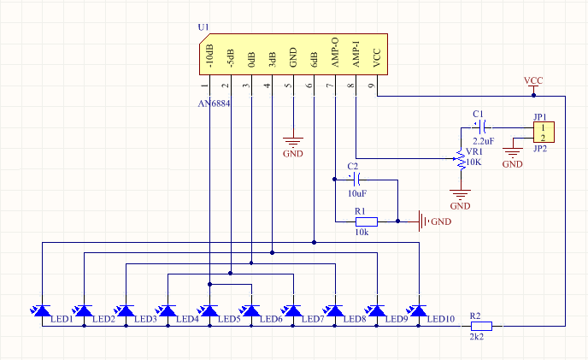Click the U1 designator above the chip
click(203, 27)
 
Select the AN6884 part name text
click(214, 103)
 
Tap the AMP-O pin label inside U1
click(335, 52)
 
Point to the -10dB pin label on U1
click(209, 56)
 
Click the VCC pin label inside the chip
click(377, 58)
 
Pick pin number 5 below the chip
click(288, 86)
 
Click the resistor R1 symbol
click(367, 221)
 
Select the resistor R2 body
click(481, 326)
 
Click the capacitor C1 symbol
click(482, 127)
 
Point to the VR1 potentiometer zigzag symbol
click(461, 159)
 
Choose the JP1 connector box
click(544, 133)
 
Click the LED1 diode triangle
click(43, 310)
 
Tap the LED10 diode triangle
click(419, 310)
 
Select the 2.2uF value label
click(484, 141)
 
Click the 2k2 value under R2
click(477, 337)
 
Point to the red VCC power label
click(533, 80)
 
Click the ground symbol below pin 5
click(293, 143)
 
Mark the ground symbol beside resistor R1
click(423, 221)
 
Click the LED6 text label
click(271, 319)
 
